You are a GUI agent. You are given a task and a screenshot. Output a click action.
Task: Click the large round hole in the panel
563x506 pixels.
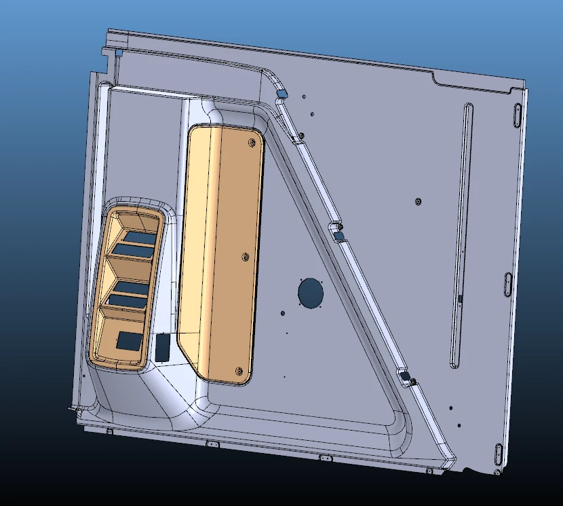point(311,293)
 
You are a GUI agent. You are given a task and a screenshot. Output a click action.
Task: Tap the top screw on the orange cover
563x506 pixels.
point(252,143)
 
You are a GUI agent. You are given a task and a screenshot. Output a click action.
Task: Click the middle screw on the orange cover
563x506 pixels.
point(245,257)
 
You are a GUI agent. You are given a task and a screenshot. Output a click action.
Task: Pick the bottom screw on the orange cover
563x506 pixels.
point(237,370)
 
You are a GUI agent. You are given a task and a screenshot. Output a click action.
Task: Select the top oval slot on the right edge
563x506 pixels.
point(516,116)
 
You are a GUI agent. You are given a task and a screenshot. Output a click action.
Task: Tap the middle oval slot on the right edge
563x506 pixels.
point(508,285)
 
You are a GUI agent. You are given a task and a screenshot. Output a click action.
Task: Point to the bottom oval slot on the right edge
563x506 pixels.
point(499,452)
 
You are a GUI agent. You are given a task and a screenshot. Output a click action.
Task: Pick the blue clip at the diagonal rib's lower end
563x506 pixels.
point(404,376)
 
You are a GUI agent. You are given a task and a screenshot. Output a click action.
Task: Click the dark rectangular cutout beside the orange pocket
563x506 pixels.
point(163,347)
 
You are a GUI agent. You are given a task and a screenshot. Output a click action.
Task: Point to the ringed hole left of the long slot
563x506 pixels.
point(418,201)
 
